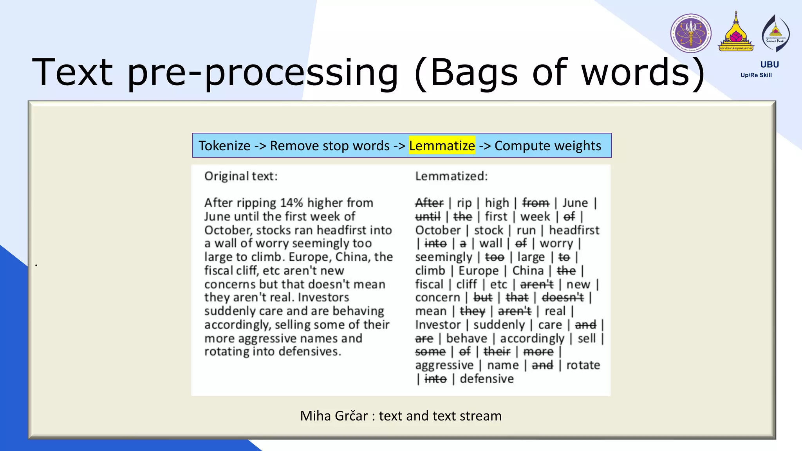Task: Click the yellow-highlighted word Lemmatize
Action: [442, 146]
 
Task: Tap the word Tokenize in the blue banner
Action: [224, 146]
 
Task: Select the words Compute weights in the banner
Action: [547, 146]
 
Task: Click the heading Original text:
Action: [241, 176]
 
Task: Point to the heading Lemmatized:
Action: [451, 176]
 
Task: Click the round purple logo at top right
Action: [691, 33]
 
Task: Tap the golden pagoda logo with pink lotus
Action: [736, 33]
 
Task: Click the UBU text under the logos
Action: [769, 65]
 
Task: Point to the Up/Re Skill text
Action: [756, 75]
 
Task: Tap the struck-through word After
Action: [429, 203]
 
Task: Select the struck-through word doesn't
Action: [563, 298]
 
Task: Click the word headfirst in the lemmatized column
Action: [574, 230]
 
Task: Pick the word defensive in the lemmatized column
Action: [486, 379]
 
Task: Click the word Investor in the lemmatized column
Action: [438, 325]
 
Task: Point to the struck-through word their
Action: [497, 352]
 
